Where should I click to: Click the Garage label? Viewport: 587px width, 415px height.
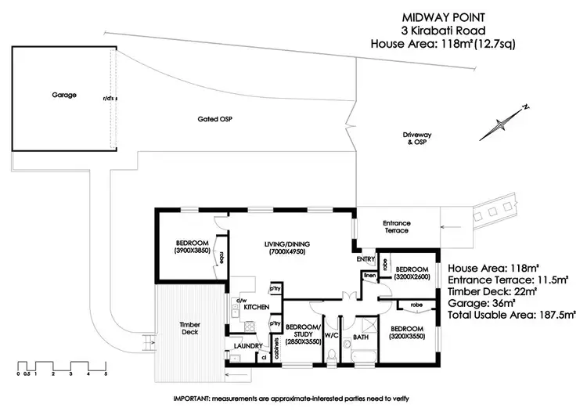tap(65, 95)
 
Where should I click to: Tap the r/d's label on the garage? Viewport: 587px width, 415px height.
tap(107, 99)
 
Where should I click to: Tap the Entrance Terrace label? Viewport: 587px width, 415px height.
tap(397, 227)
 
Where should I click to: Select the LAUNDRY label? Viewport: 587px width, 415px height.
tap(247, 345)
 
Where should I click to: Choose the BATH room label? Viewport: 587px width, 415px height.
tap(360, 338)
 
